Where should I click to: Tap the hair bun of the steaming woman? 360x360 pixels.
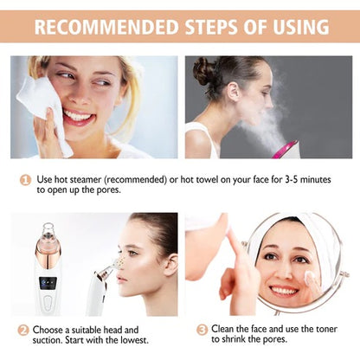coord(204,71)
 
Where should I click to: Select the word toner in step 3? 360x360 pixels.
coord(318,330)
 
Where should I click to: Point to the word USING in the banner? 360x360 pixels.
coord(293,28)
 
